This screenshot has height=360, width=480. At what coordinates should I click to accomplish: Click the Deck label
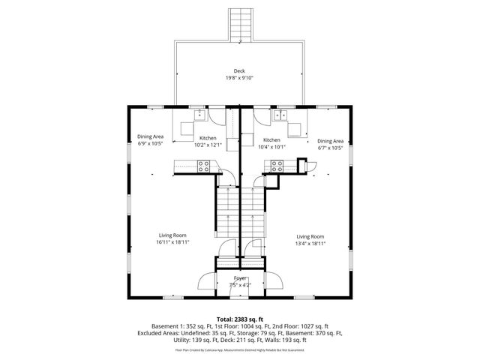click(x=239, y=70)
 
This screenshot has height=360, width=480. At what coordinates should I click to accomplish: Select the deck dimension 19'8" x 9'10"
click(x=239, y=77)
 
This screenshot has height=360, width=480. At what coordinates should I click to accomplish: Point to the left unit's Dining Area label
click(x=151, y=136)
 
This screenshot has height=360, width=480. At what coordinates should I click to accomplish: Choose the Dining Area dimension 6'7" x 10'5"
click(x=330, y=148)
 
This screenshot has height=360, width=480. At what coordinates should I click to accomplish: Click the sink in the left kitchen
click(x=199, y=115)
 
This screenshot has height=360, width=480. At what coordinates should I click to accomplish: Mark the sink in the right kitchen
click(x=280, y=115)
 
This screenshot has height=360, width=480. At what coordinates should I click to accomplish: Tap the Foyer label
click(x=239, y=278)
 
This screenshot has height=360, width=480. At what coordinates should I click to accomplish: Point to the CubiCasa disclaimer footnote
click(x=239, y=349)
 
